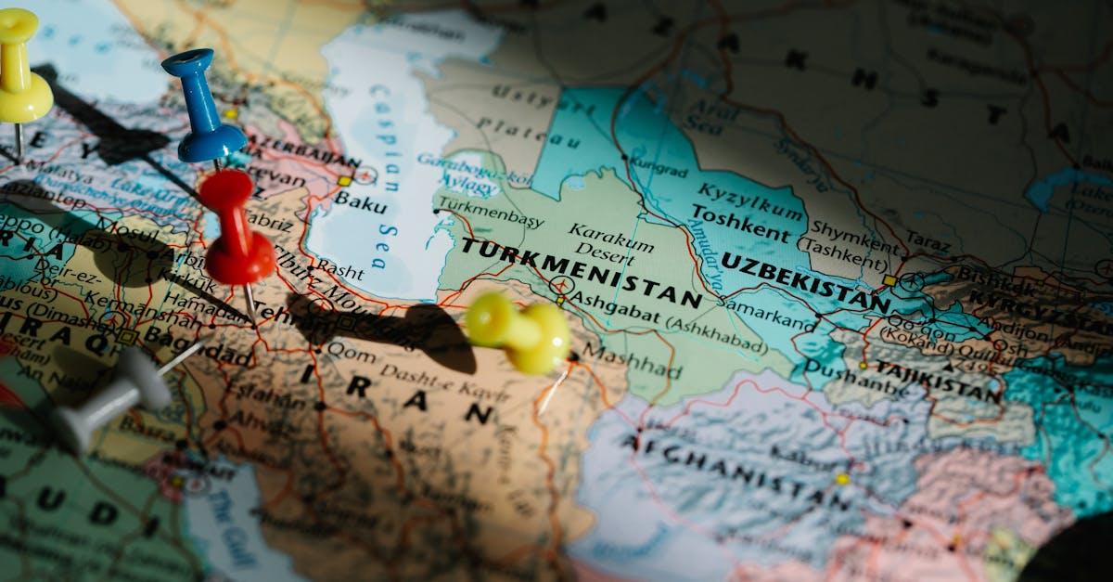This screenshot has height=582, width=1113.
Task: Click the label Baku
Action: pos(360,199)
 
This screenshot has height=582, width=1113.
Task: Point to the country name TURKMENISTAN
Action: pos(582,273)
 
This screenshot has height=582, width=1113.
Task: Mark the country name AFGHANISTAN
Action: pos(737,471)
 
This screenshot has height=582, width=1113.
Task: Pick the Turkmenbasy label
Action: pos(489,212)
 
